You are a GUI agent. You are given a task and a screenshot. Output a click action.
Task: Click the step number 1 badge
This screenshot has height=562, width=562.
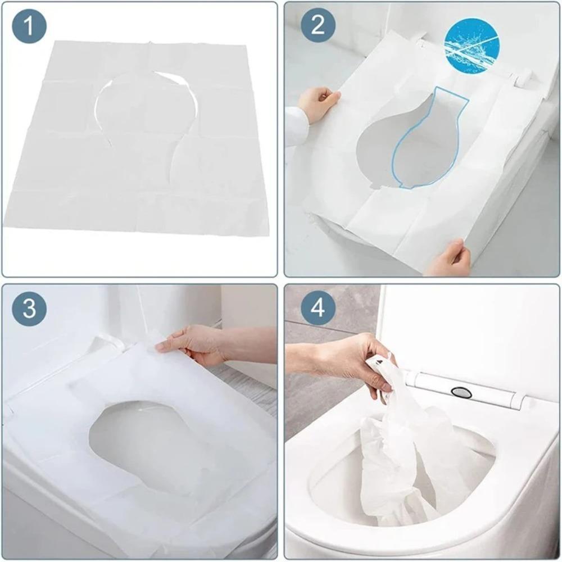pos(28,27)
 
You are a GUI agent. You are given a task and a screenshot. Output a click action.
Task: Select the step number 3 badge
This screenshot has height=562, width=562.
pos(28,309)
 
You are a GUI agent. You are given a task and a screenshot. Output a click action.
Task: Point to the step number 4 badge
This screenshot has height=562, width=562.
pos(318,309)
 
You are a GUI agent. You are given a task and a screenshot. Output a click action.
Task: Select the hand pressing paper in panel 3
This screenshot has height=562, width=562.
pos(191,344)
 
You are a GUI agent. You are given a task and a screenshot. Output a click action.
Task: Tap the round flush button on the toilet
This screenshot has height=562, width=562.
pos(462,392)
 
